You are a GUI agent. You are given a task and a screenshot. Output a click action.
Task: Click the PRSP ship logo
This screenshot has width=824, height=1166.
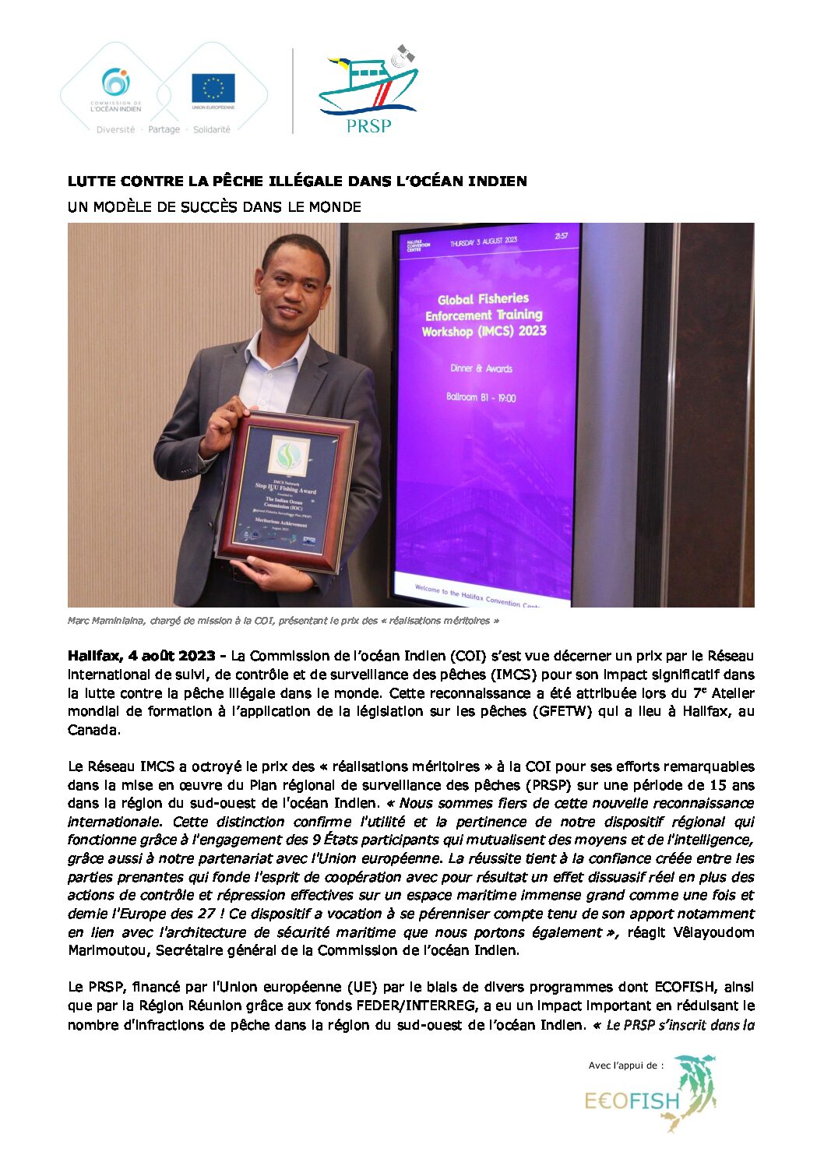(x=368, y=90)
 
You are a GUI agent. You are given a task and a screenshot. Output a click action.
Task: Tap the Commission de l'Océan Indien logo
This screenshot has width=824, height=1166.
(x=116, y=90)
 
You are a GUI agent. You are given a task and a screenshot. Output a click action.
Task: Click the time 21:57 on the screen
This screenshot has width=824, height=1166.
(x=561, y=236)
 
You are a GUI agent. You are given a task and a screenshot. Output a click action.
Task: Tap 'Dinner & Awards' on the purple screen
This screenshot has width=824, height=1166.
(x=481, y=368)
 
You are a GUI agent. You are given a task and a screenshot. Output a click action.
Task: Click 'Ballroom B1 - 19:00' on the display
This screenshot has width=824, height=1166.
(x=481, y=397)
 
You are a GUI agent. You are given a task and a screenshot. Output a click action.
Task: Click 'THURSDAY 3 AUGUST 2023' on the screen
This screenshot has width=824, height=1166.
(x=484, y=242)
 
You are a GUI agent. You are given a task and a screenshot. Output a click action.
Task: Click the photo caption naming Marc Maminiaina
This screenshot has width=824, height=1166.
(x=283, y=621)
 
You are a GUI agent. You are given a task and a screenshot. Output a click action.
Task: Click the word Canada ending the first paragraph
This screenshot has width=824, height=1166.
(x=93, y=731)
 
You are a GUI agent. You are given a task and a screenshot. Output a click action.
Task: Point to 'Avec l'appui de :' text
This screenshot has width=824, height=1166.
(x=626, y=1065)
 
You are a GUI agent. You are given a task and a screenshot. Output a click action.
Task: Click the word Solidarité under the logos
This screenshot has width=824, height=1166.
(x=212, y=129)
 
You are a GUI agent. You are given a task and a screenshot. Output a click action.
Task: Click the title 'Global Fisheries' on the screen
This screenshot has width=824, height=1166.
(x=483, y=298)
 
